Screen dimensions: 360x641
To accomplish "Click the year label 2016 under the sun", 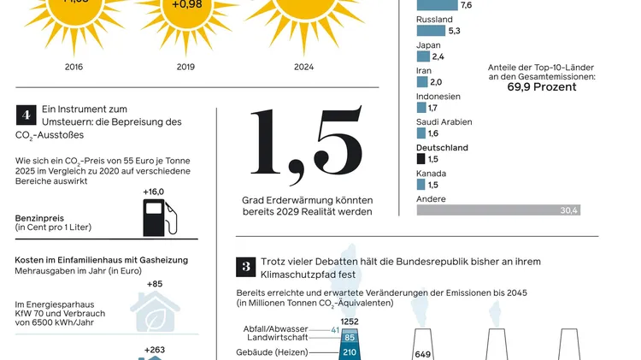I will click(73, 66).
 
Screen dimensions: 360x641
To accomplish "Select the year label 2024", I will click(303, 66).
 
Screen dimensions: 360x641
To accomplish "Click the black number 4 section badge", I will click(26, 114).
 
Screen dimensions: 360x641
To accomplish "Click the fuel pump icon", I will click(158, 217).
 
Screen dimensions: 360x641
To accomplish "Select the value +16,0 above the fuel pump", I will click(154, 192).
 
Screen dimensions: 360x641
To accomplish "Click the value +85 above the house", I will click(154, 284).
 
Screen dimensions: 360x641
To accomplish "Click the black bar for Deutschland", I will click(420, 159).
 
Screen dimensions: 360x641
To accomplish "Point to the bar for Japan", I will click(423, 56).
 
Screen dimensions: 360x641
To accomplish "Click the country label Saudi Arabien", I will click(444, 121).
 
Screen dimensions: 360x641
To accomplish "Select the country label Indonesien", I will click(439, 96).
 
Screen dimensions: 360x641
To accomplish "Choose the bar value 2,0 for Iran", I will click(436, 82).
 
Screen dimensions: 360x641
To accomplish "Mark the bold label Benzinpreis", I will click(39, 218).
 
